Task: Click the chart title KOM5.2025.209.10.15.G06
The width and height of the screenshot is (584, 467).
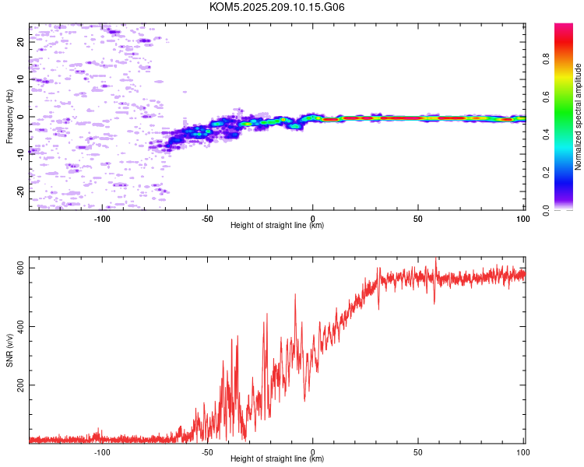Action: click(276, 7)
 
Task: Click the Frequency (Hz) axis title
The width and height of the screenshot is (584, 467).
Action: click(9, 117)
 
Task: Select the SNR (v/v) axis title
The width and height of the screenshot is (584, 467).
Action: click(9, 350)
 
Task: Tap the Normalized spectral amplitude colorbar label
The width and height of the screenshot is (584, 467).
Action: click(578, 117)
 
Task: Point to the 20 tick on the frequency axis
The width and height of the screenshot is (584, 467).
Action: click(20, 42)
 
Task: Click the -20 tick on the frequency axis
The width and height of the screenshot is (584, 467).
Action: click(20, 191)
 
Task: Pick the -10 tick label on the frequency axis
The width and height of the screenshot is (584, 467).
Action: click(20, 154)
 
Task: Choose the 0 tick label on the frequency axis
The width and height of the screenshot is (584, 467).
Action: click(20, 117)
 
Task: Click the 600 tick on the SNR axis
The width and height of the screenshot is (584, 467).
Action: click(20, 268)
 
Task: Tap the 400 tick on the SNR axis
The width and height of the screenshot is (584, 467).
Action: click(20, 326)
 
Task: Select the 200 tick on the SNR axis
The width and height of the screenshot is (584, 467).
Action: click(20, 385)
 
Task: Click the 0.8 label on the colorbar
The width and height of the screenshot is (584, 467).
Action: click(546, 59)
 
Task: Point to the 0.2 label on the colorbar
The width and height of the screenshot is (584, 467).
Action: click(546, 173)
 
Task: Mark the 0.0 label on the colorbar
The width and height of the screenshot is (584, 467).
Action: click(546, 210)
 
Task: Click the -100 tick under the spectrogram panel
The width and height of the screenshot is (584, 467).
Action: click(102, 219)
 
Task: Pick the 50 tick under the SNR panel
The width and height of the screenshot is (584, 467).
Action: click(418, 452)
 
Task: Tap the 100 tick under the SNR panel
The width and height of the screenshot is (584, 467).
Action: click(523, 452)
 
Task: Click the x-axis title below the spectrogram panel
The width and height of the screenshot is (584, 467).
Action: click(277, 225)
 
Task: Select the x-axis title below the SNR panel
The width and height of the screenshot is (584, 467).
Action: click(277, 458)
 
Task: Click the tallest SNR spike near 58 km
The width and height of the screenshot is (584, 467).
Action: click(436, 258)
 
